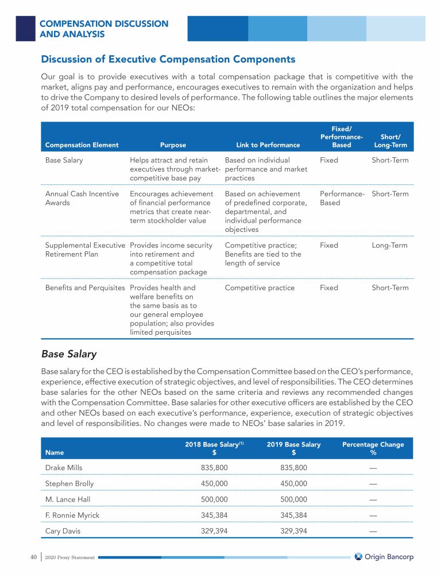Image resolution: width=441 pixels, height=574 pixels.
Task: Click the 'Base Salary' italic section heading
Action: pos(69,354)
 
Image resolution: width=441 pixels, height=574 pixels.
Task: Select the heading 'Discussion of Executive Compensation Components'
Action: pos(168,59)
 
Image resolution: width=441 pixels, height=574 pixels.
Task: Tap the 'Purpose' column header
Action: pos(173,145)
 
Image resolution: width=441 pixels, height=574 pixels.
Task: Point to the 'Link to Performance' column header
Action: pos(268,145)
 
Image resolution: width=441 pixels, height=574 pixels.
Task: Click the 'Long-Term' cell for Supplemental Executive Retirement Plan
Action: pos(390,245)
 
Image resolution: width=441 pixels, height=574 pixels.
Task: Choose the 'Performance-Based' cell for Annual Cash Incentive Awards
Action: pos(342,198)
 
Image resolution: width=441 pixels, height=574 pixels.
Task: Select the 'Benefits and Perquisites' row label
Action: pos(85,288)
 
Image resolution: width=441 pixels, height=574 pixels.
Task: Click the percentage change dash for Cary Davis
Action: pos(373,532)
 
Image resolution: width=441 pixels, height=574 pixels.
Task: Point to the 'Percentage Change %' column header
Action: pos(373,448)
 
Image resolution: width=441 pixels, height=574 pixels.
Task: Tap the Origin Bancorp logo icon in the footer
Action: pos(359,557)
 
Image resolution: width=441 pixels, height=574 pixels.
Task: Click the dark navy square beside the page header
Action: pos(26,28)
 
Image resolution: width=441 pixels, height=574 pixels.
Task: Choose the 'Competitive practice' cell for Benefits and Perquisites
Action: pos(260,288)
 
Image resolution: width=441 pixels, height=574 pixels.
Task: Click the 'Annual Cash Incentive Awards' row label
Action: pos(82,198)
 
